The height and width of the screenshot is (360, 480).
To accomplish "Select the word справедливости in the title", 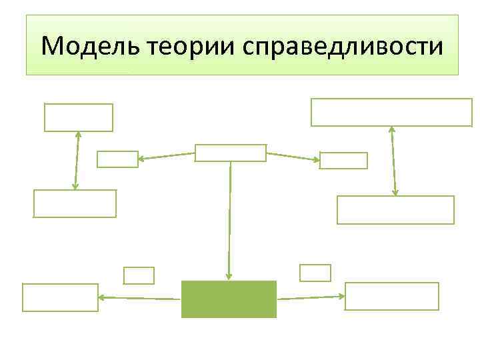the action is point(343,46).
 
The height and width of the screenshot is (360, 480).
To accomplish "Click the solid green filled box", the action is point(229,299).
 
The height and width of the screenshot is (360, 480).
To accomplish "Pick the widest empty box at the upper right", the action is point(391,112).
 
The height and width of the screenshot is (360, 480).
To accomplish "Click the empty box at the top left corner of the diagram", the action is point(79,117).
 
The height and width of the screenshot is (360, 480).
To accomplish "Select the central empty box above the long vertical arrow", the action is point(230,153).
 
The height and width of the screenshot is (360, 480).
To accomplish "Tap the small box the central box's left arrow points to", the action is point(117,159).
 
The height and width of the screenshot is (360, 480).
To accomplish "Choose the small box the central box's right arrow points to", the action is point(343,161).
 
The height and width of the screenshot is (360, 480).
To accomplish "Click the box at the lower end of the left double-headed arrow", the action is point(75,203).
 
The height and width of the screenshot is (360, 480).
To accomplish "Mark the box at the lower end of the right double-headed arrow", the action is point(395,209).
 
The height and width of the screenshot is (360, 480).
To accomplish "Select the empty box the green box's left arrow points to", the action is point(60,297).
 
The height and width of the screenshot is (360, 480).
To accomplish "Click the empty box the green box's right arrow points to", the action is point(391,296).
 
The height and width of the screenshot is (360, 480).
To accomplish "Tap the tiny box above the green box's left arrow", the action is point(139,275).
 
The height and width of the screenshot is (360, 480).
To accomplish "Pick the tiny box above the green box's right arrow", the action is point(315,272).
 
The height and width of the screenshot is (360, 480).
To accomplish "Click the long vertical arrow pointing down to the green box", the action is point(229,220).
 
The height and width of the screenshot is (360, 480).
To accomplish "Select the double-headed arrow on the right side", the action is point(393,161).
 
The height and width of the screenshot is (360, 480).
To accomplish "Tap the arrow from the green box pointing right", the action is point(310,297).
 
